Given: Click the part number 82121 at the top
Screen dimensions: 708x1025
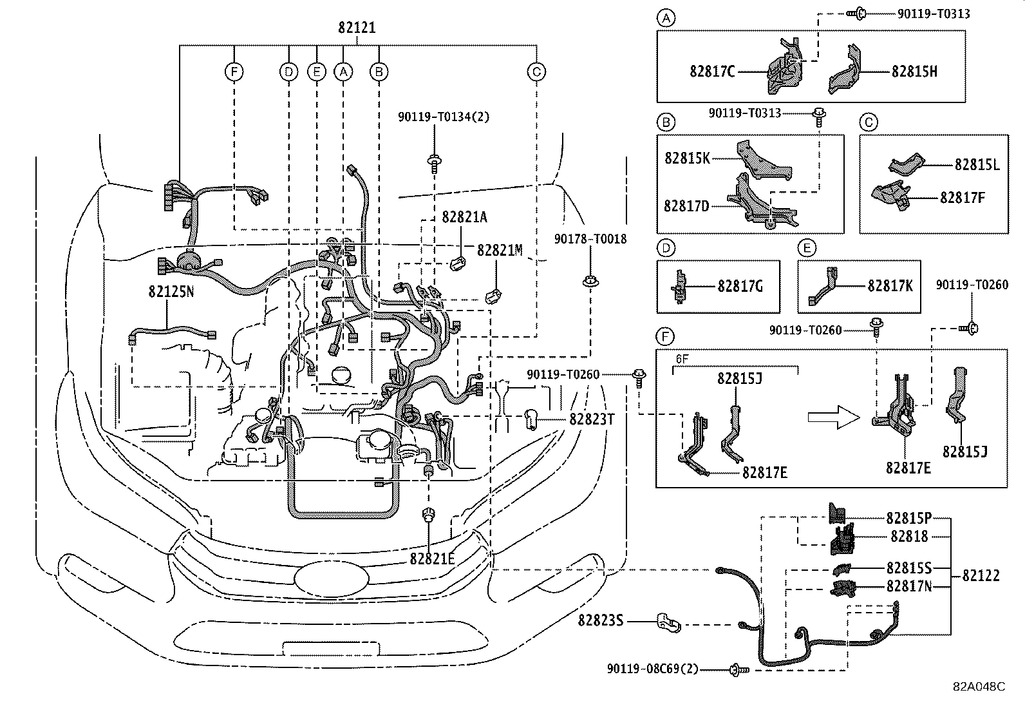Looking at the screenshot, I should click(x=357, y=28).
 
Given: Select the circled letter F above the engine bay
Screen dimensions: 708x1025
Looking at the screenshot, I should click(x=234, y=72).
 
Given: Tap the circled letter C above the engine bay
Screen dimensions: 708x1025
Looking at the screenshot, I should click(x=536, y=72).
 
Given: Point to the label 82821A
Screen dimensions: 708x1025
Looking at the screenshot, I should click(x=464, y=217).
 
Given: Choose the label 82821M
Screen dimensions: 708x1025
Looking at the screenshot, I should click(x=500, y=250).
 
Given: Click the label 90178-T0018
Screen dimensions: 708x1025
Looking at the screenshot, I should click(x=590, y=239).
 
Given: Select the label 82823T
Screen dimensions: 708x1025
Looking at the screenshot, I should click(x=592, y=419).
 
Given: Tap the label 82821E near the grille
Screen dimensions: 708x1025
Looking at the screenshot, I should click(x=432, y=559).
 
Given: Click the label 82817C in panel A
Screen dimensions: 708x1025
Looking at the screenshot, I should click(x=712, y=72).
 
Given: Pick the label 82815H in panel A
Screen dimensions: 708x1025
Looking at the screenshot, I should click(x=914, y=72).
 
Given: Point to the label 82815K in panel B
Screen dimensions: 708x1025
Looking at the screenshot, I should click(x=687, y=158).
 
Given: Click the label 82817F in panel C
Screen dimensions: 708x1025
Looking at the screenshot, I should click(x=962, y=197).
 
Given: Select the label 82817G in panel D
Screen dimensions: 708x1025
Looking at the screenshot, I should click(x=740, y=285).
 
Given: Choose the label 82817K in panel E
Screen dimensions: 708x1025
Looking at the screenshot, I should click(x=890, y=285).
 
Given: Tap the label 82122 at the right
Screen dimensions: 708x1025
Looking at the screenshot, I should click(x=981, y=575).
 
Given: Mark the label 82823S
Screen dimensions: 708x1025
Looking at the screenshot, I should click(x=601, y=620).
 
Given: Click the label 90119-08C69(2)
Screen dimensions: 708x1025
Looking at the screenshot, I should click(x=652, y=669).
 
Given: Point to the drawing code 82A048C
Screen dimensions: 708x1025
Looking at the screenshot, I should click(x=979, y=687).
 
